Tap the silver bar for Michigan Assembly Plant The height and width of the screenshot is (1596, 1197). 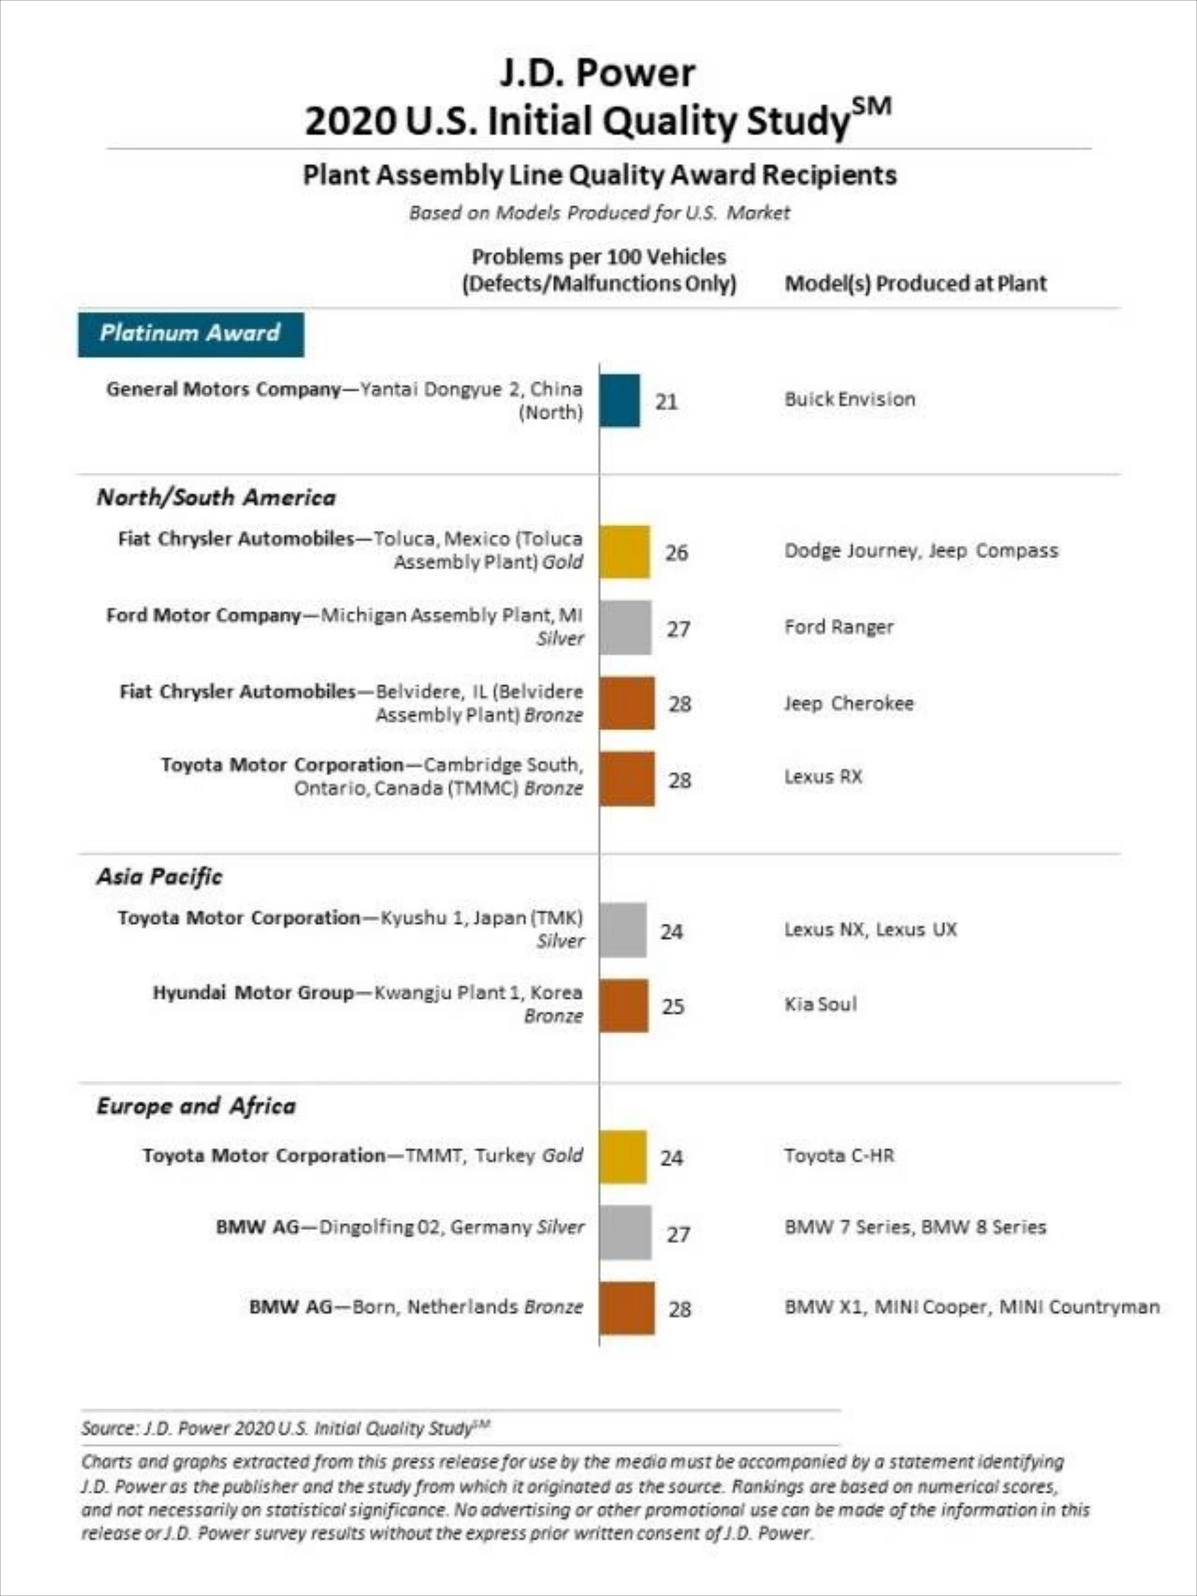tap(625, 627)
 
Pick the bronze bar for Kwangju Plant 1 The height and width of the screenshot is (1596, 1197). tap(623, 1005)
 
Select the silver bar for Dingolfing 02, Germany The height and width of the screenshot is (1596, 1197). tap(625, 1232)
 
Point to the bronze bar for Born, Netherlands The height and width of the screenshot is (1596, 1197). tap(627, 1308)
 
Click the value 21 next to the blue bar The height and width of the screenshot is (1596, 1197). tap(666, 401)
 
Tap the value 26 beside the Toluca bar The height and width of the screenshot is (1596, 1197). tap(676, 553)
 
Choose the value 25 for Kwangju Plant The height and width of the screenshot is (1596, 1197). tap(673, 1006)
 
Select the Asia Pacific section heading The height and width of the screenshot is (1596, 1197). tap(160, 877)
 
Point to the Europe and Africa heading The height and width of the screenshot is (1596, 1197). tap(196, 1106)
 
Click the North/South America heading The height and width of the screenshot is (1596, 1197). tap(216, 497)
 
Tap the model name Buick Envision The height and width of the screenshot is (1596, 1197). tap(850, 399)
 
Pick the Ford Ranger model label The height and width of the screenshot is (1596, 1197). tap(839, 626)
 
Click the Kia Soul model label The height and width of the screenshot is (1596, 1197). tap(820, 1004)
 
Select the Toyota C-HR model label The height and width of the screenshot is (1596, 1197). tap(839, 1155)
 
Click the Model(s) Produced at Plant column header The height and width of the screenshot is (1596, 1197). tap(915, 283)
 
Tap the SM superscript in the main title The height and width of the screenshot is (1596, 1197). tap(872, 107)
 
